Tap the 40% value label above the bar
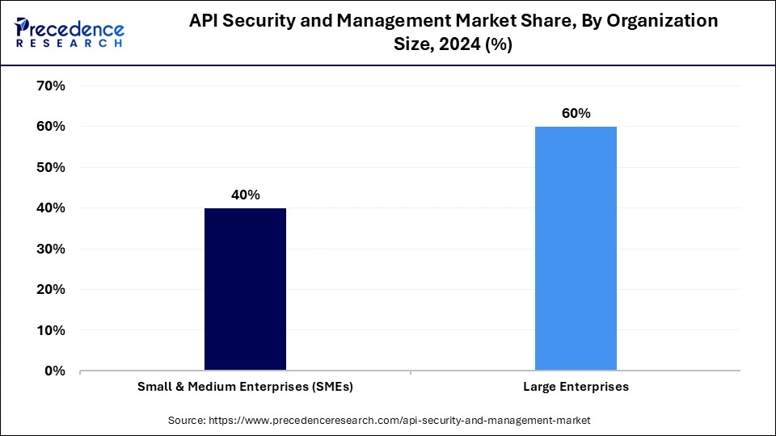(245, 195)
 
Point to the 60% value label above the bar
(576, 113)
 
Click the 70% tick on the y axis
(51, 86)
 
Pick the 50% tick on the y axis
(51, 167)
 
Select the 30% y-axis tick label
(51, 249)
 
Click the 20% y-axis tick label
(51, 289)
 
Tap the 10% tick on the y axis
(51, 330)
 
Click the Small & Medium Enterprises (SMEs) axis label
(245, 387)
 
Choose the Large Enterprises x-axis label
(576, 387)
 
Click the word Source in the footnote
(188, 420)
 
